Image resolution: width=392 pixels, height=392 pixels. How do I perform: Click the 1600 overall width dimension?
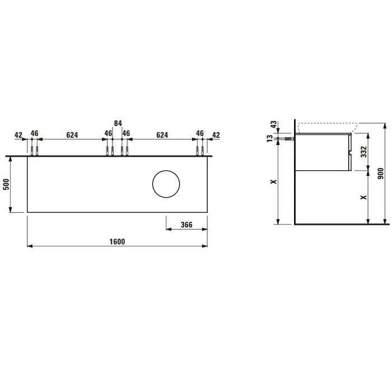point(117,241)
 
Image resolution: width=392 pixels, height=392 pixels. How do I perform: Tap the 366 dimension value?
point(186,225)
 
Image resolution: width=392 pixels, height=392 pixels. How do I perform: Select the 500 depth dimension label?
point(6,184)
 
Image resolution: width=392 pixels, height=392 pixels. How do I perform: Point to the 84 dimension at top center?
point(118,123)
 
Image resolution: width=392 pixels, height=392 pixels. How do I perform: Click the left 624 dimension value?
point(72,135)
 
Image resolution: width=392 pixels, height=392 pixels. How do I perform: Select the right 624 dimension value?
point(162,135)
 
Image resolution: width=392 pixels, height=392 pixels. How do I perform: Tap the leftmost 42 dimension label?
point(18,135)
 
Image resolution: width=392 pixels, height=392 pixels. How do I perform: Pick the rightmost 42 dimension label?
point(216,135)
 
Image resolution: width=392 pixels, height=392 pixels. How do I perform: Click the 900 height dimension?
point(380,173)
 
